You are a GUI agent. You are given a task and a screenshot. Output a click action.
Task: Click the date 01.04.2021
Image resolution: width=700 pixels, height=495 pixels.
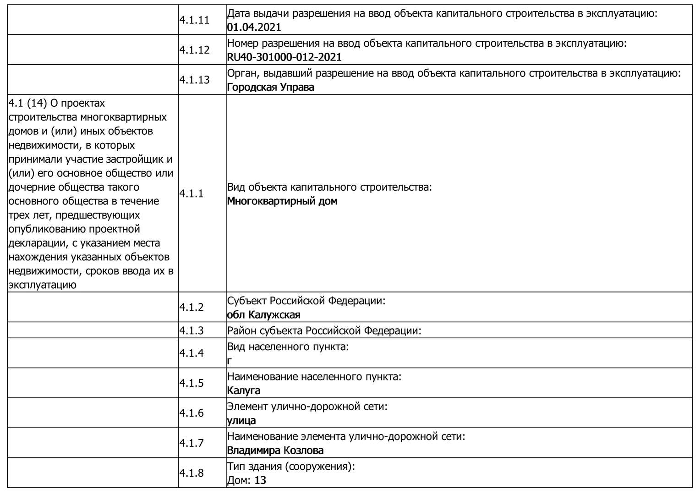point(254,27)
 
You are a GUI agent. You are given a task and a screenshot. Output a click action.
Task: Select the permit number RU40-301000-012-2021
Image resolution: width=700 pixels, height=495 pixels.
point(284,57)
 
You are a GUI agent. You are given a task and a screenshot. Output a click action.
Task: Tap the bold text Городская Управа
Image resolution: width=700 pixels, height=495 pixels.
point(270,87)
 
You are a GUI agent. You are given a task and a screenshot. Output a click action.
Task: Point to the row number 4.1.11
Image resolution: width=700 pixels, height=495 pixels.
point(194,20)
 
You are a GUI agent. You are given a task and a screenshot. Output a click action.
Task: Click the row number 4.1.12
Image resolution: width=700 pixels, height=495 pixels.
point(194,50)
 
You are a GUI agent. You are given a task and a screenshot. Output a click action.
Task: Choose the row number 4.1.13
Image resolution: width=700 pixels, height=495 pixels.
point(194,80)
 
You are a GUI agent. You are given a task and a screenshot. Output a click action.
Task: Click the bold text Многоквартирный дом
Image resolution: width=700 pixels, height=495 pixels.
point(282,201)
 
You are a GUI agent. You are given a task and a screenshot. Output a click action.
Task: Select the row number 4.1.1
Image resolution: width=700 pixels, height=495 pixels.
point(191,194)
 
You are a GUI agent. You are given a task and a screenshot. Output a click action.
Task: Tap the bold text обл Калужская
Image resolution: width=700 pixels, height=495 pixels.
point(263,315)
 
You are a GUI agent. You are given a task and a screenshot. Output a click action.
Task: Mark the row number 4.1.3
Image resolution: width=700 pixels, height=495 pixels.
point(191,330)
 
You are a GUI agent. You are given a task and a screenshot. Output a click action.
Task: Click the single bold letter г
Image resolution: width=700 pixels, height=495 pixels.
point(230,361)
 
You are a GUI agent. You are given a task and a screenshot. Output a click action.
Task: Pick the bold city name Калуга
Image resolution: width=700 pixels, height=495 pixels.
point(244,390)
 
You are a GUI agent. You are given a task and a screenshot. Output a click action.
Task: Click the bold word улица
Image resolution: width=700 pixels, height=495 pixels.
point(241,421)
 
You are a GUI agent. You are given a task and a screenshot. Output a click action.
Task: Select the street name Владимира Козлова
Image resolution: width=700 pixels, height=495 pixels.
point(275,451)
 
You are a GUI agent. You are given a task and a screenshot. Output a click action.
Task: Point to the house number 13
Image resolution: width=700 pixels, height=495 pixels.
point(260,480)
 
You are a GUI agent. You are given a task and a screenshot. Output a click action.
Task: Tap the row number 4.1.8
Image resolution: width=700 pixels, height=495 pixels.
point(191,473)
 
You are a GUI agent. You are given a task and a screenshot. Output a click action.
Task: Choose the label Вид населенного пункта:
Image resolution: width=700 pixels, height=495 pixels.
point(288,346)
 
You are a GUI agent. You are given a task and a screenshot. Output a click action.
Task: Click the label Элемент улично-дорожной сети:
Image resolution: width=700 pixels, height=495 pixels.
point(307,407)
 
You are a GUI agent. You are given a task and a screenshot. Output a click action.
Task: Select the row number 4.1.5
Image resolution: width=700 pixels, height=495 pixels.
point(191,383)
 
